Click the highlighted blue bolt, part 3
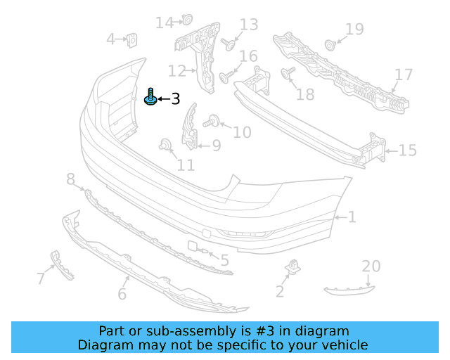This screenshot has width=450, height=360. [x=150, y=97]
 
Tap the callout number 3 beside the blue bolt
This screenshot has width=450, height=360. [x=175, y=98]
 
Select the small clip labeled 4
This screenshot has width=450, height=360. [x=131, y=40]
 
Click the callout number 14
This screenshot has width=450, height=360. [x=165, y=22]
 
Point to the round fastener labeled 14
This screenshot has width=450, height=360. [x=187, y=20]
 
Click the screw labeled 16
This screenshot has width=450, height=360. [x=226, y=77]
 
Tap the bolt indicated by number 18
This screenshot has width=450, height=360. [x=288, y=72]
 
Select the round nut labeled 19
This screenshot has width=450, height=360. [x=330, y=46]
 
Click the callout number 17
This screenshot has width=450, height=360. [x=404, y=75]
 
